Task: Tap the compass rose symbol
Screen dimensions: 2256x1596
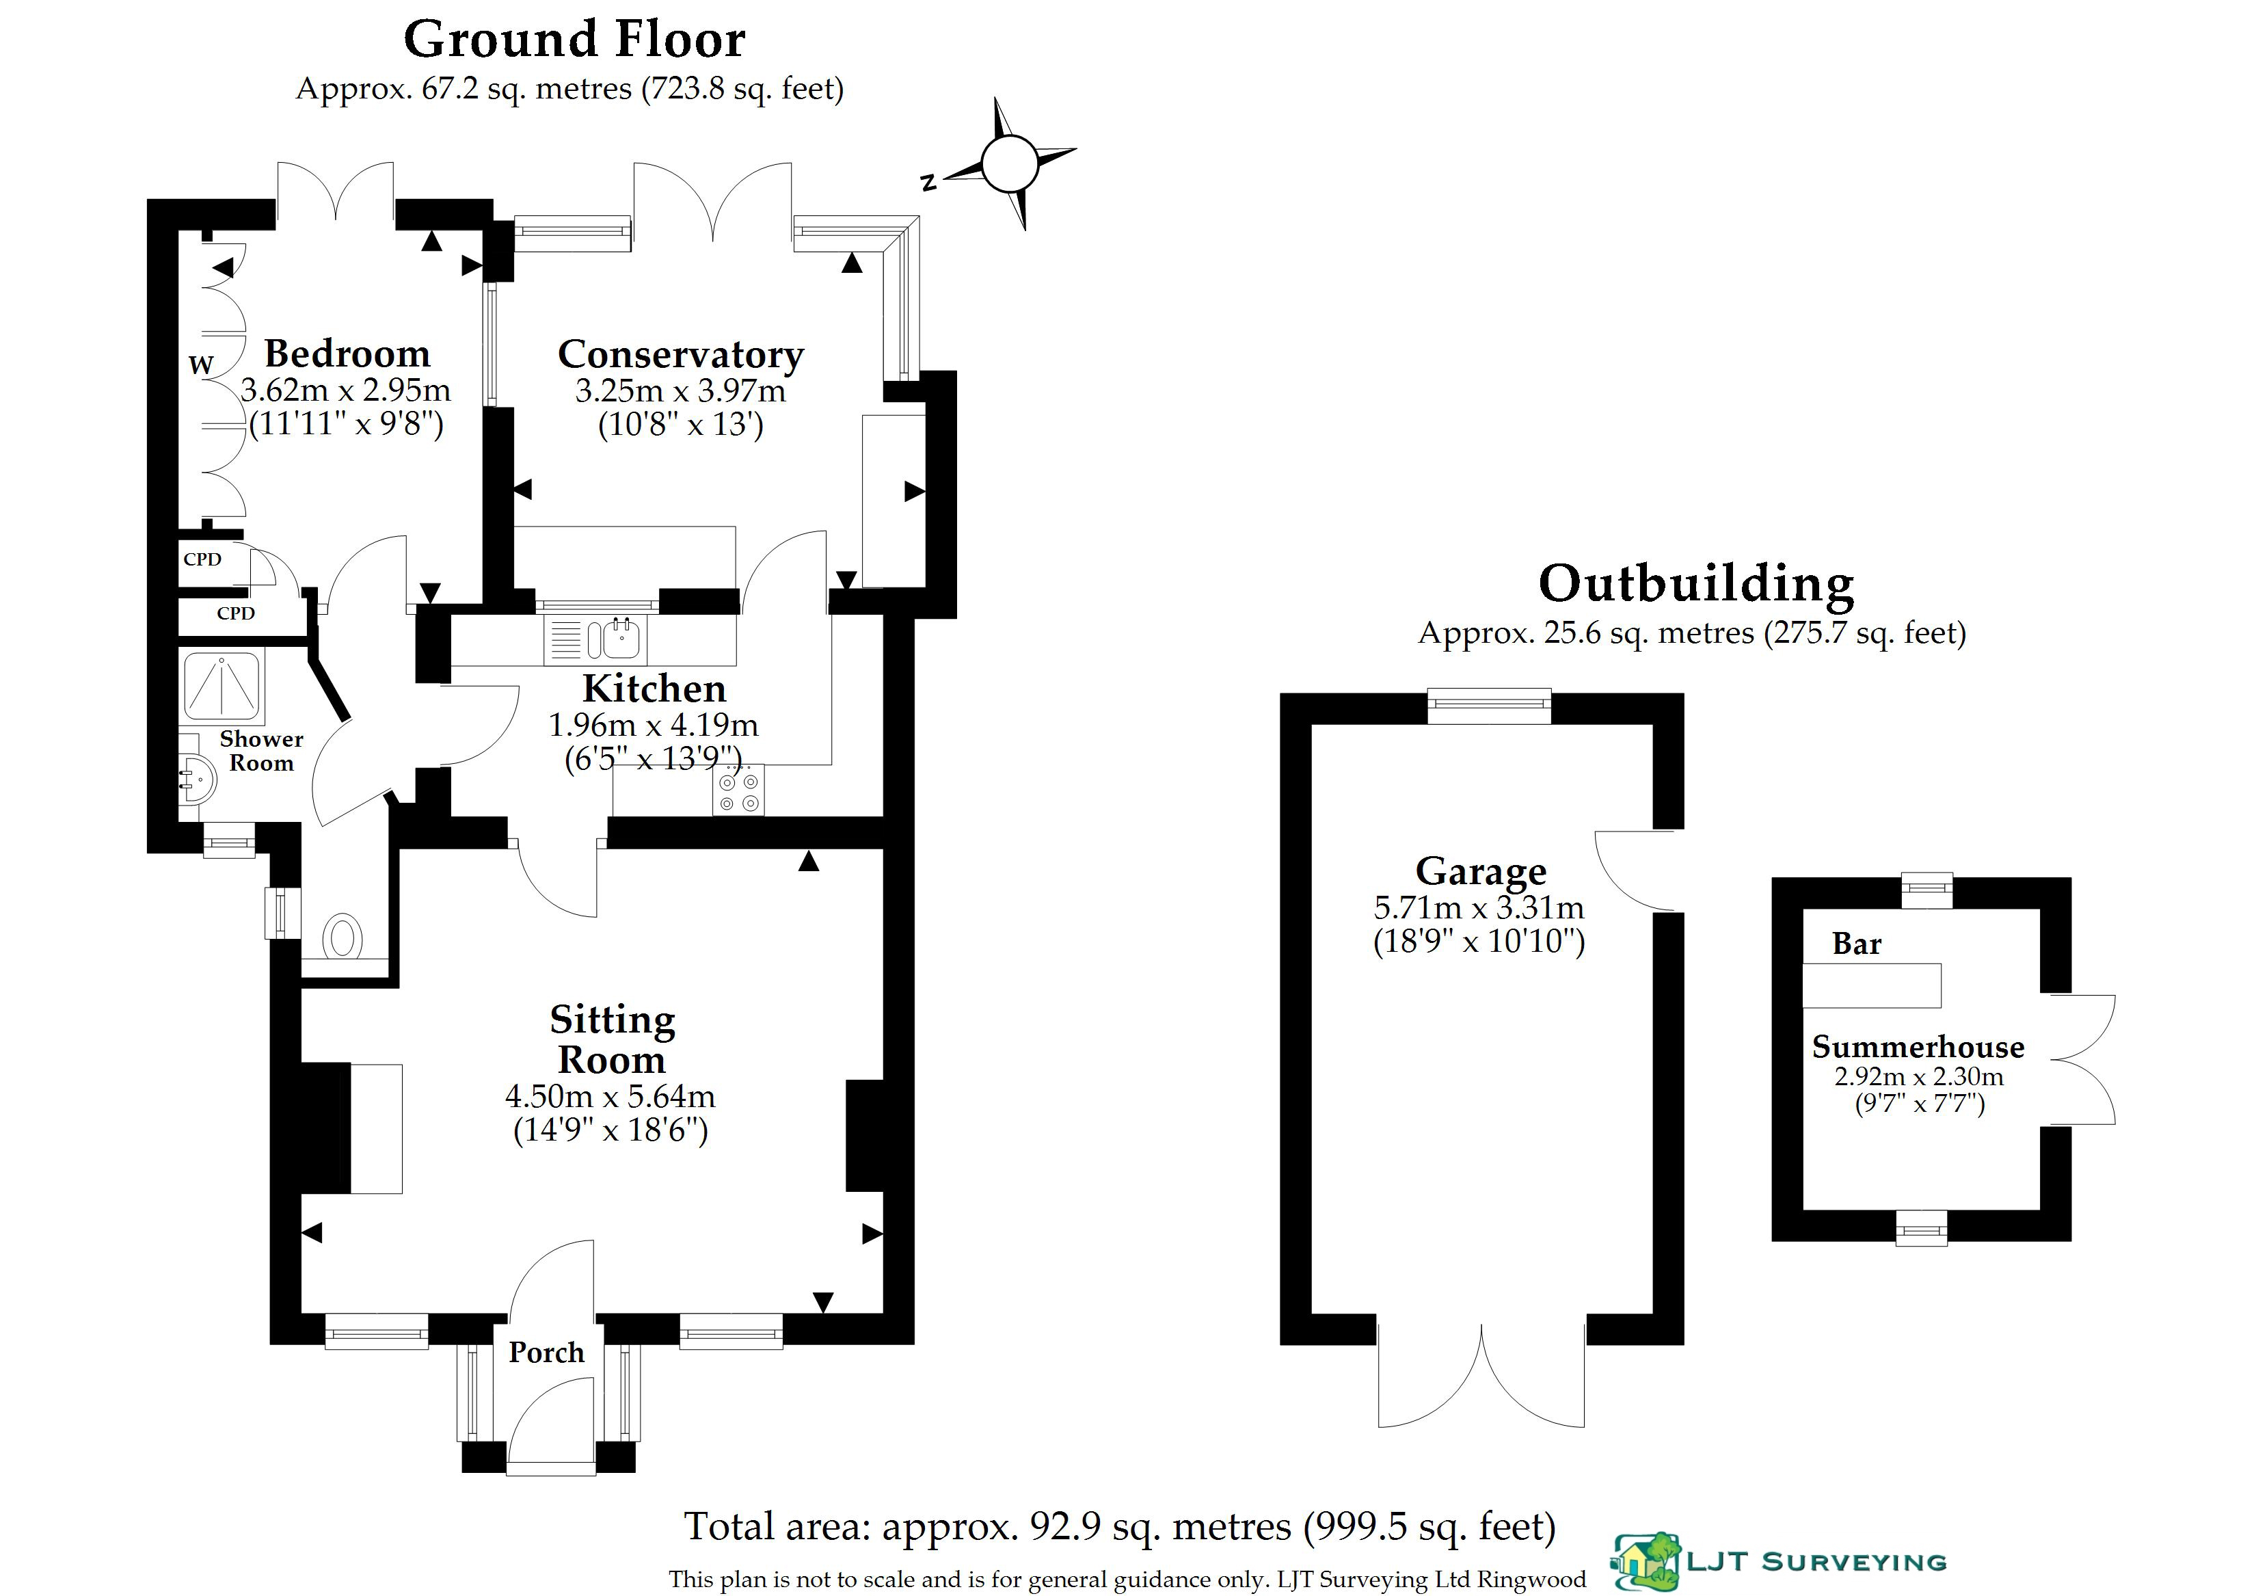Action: (1009, 163)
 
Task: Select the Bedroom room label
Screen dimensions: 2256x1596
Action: (347, 353)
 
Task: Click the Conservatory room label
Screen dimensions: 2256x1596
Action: (681, 354)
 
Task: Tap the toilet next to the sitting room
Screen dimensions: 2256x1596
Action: (342, 937)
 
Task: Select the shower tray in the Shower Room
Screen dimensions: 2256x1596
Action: (222, 685)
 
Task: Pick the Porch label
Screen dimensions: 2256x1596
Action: (546, 1353)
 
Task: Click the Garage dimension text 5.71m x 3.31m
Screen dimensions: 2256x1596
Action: (1479, 907)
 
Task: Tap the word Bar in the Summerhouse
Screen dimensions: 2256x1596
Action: (1856, 944)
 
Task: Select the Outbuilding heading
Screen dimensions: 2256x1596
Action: (1696, 584)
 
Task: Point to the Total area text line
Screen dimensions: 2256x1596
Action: (1120, 1527)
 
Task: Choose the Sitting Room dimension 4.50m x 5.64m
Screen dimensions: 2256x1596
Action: (610, 1097)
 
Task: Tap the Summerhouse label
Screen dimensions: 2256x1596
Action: (1918, 1048)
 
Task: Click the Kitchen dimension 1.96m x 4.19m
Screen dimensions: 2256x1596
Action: (654, 726)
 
